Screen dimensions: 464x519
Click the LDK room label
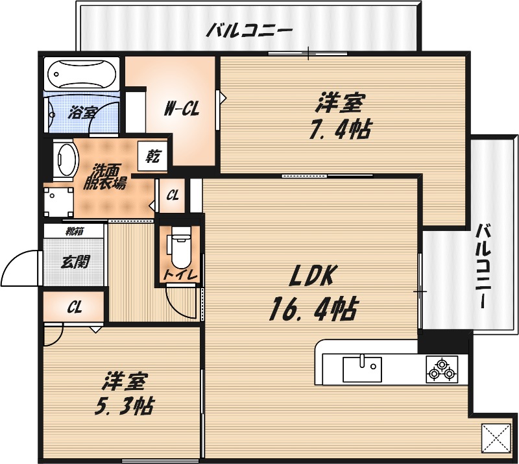click(311, 278)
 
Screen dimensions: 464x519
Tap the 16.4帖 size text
click(312, 310)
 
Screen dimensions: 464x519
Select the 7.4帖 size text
click(339, 129)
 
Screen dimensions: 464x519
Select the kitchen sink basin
click(362, 369)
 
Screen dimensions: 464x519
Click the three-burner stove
click(441, 369)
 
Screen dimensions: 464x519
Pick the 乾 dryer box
click(154, 156)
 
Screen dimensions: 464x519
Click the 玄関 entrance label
click(75, 262)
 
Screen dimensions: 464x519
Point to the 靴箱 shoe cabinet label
click(73, 230)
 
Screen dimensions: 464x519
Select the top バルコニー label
click(250, 30)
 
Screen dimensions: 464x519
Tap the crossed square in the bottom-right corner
click(495, 438)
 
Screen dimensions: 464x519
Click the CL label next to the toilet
click(173, 195)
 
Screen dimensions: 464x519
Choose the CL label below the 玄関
click(74, 308)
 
